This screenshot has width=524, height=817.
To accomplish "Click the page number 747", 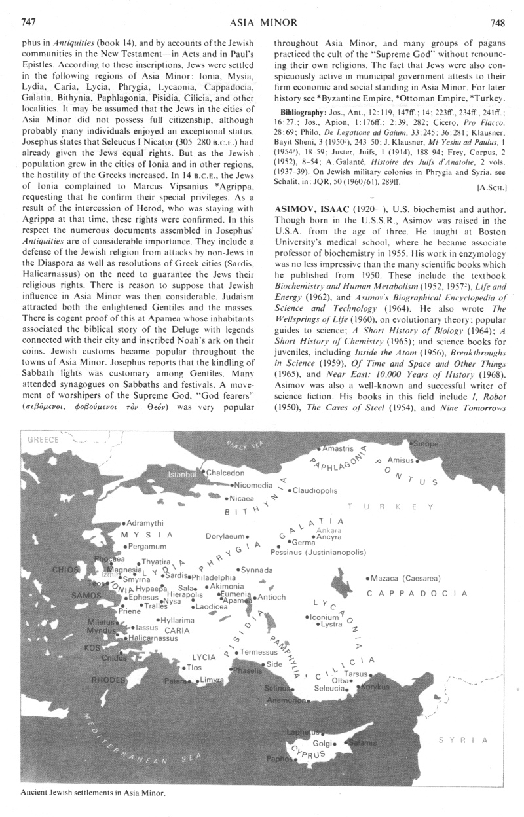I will (28, 22).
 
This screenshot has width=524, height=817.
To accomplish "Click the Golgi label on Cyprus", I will (324, 743).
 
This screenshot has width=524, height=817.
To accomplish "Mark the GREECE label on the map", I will (43, 440).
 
